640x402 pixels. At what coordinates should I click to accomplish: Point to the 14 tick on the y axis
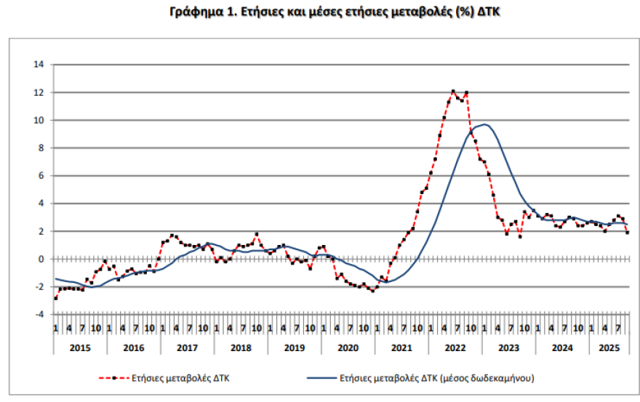click(x=39, y=65)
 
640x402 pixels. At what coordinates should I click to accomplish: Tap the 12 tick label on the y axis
click(x=39, y=92)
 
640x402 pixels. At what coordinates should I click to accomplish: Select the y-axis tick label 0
click(x=41, y=259)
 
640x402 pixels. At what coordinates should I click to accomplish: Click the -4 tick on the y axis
click(x=39, y=314)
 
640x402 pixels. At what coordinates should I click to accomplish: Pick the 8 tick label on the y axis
click(x=41, y=148)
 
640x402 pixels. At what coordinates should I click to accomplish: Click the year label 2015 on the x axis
click(x=80, y=347)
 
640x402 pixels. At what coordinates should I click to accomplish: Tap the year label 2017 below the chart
click(x=188, y=347)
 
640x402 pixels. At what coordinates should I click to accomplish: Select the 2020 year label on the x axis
click(x=348, y=347)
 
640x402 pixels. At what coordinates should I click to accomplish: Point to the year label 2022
click(x=456, y=347)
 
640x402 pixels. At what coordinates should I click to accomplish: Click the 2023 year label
click(x=509, y=347)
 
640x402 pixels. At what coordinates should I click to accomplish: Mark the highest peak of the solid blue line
click(x=484, y=124)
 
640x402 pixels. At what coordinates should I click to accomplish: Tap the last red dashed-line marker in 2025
click(x=627, y=232)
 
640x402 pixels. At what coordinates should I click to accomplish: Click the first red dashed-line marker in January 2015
click(x=55, y=298)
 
